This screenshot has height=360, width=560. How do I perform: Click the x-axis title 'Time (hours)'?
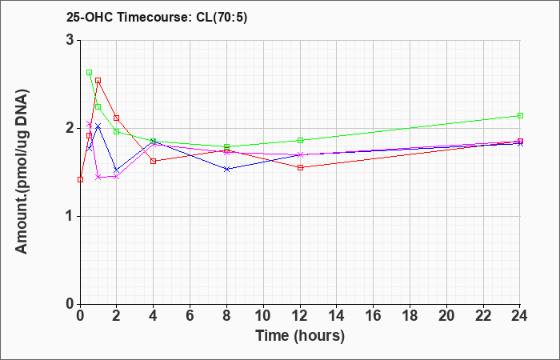pos(300,336)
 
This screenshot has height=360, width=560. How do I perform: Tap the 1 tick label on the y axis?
pos(69,216)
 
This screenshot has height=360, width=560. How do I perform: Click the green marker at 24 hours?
pos(520,115)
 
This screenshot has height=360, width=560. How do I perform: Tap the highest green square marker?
pos(90,72)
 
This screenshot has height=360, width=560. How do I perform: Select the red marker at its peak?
pos(98,80)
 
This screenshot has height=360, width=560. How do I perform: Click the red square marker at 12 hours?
pos(300,167)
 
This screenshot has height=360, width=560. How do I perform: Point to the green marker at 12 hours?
pos(300,140)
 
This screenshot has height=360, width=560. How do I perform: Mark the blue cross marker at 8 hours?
pos(227,169)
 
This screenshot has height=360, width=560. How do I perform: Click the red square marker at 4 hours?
pos(154,161)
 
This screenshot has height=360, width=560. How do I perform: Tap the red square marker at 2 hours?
pos(117,118)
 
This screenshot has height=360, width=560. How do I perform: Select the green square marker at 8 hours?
pos(227,146)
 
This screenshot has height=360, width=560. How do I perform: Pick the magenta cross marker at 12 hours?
pos(300,154)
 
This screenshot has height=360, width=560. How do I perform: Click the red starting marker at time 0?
pos(80,179)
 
